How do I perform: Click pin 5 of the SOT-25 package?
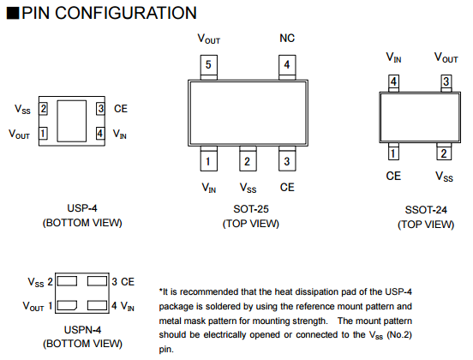pos(209,67)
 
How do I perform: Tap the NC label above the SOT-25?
pos(287,39)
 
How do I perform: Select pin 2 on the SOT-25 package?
pos(248,159)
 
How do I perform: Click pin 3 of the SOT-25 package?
pos(287,159)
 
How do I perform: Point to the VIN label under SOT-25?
pos(209,188)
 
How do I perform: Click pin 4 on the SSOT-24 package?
pos(393,83)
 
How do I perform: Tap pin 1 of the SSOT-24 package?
pos(393,152)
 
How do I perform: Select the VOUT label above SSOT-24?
pos(446,57)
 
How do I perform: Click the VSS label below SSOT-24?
pos(444,177)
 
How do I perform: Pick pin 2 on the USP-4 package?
pos(43,109)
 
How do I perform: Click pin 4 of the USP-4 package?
pos(100,134)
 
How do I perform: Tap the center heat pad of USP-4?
pos(72,121)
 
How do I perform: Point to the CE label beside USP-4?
pos(121,109)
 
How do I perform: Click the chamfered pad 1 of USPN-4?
pos(67,305)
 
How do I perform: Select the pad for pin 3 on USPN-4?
pos(97,281)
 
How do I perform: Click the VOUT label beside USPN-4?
pos(33,306)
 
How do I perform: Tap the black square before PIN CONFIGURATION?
pos(13,13)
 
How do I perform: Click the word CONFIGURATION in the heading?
pos(126,13)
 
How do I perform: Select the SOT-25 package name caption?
pos(251,209)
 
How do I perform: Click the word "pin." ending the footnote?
pos(166,350)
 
